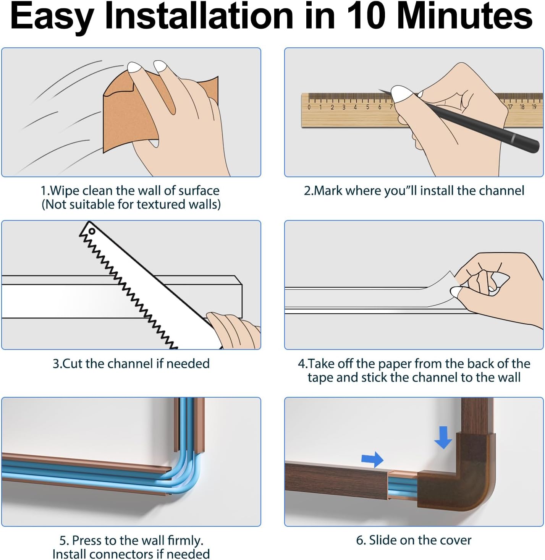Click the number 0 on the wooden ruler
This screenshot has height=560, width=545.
(x=309, y=107)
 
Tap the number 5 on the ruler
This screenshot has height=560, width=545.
(x=367, y=107)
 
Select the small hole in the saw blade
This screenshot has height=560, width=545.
(x=92, y=231)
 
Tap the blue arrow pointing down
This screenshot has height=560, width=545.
(x=443, y=437)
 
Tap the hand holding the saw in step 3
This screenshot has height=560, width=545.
(x=234, y=331)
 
